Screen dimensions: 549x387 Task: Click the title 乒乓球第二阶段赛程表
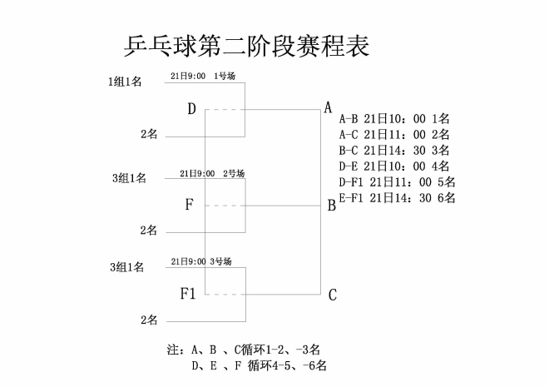pyautogui.click(x=247, y=46)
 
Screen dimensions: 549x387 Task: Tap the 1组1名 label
pyautogui.click(x=125, y=82)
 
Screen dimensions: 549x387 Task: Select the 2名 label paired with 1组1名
pyautogui.click(x=149, y=134)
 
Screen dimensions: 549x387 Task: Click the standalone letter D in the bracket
pyautogui.click(x=191, y=109)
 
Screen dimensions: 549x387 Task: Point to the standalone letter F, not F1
pyautogui.click(x=189, y=204)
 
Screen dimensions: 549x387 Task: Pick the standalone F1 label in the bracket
pyautogui.click(x=188, y=294)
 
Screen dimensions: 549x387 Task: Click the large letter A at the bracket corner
pyautogui.click(x=328, y=107)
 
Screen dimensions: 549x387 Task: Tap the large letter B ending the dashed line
pyautogui.click(x=332, y=206)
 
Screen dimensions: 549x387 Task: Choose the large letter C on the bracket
pyautogui.click(x=332, y=295)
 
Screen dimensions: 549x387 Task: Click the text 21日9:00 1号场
pyautogui.click(x=203, y=76)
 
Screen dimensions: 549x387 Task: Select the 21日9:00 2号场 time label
pyautogui.click(x=212, y=173)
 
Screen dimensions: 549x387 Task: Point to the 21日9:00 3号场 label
pyautogui.click(x=201, y=261)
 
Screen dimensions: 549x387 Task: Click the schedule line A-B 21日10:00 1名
pyautogui.click(x=394, y=119)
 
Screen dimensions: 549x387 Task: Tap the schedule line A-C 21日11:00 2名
pyautogui.click(x=394, y=135)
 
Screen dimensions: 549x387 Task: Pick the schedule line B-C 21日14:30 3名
pyautogui.click(x=394, y=151)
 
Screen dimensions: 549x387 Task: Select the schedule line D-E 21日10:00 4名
pyautogui.click(x=394, y=166)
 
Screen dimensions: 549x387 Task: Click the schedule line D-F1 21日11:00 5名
pyautogui.click(x=397, y=182)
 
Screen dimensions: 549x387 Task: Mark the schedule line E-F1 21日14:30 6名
pyautogui.click(x=397, y=198)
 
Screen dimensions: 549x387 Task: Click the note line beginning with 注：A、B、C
pyautogui.click(x=244, y=350)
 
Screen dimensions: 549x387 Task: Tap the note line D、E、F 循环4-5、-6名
pyautogui.click(x=259, y=365)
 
